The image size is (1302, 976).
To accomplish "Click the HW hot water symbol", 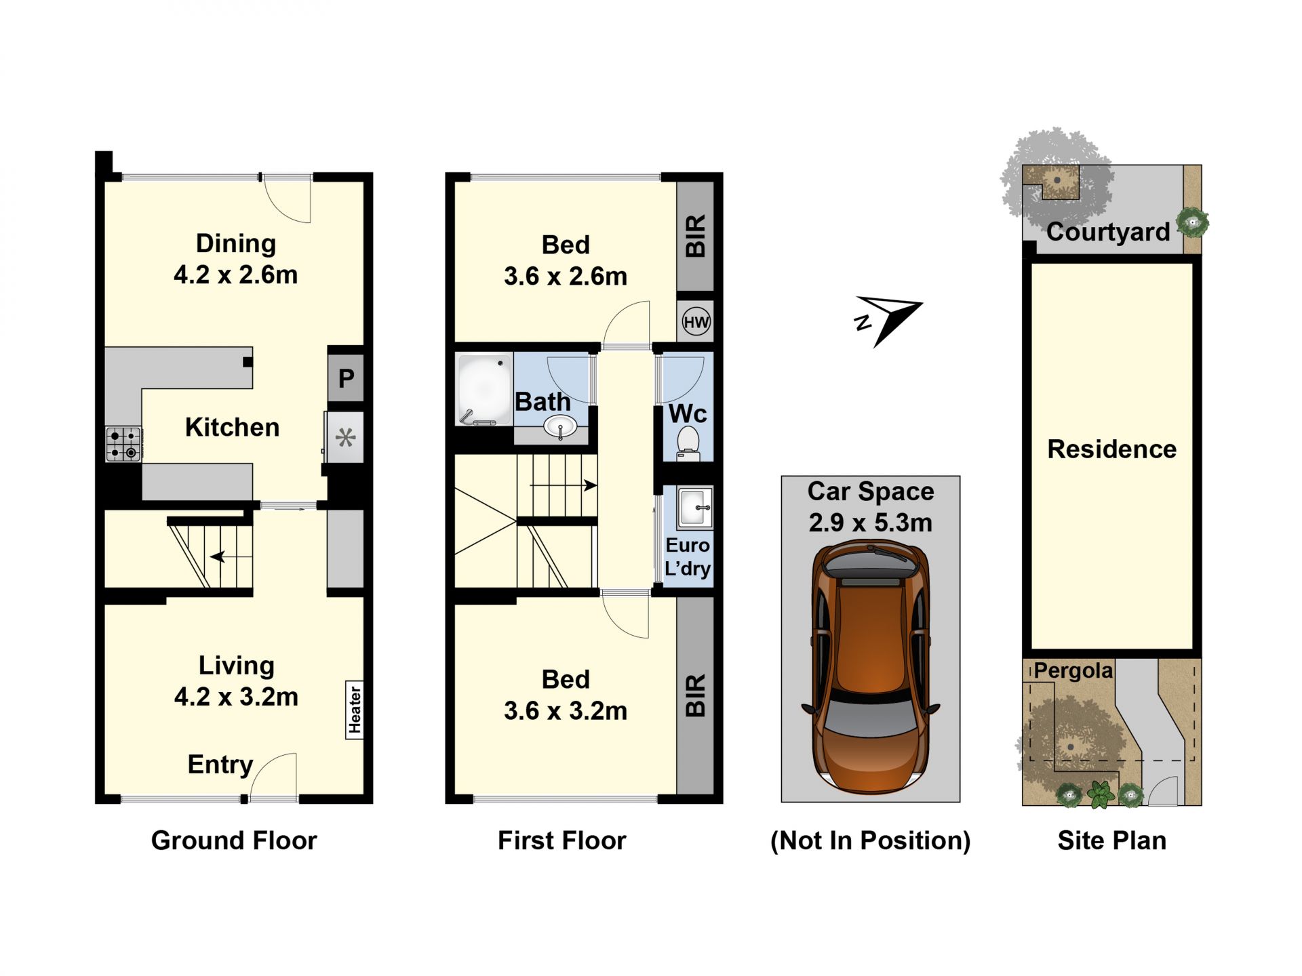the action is point(696,322).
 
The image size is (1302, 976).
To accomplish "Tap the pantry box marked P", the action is point(346,378).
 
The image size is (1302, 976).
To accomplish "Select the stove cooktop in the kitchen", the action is point(123,444).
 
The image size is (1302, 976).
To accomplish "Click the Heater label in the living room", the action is point(355,710).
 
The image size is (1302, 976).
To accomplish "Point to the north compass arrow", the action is point(888,318).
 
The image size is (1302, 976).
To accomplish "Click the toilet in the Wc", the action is point(688,443).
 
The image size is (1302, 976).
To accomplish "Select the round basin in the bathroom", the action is point(560,427).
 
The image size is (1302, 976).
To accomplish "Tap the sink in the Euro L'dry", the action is point(695,507).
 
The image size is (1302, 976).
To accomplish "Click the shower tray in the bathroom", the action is point(484,390).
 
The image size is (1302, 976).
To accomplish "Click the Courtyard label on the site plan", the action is point(1108,232).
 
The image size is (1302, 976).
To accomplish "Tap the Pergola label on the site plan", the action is point(1073,671).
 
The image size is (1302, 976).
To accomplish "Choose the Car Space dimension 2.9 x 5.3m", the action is point(871,523).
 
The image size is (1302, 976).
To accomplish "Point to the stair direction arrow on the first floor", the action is point(564,485).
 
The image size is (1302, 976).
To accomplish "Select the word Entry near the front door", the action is point(220,765).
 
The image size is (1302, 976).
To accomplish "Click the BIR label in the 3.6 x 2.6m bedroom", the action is point(696,236).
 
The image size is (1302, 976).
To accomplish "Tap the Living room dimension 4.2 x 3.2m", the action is point(236,697).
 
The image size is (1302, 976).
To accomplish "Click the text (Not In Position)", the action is point(871,840).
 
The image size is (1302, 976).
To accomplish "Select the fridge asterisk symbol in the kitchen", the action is point(346,437).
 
